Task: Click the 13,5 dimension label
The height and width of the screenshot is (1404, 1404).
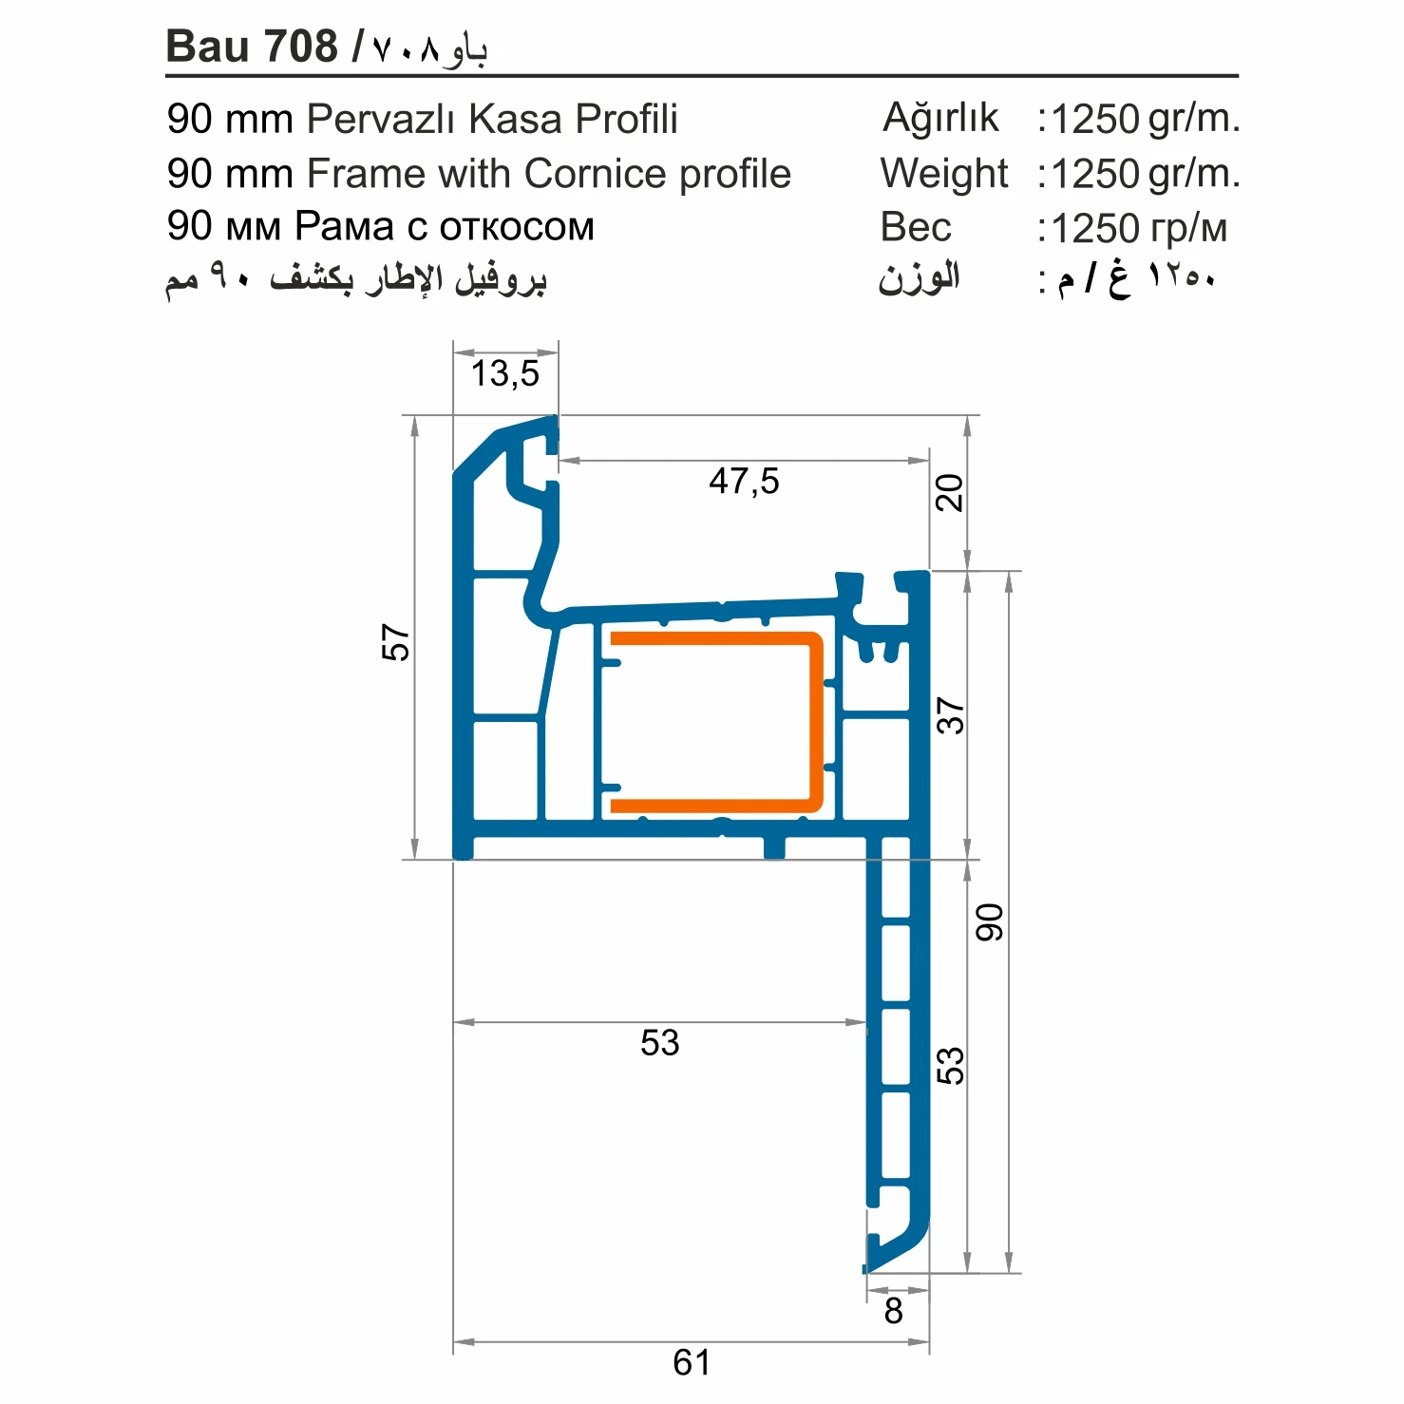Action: click(504, 373)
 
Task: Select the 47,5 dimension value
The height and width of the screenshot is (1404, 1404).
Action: click(744, 481)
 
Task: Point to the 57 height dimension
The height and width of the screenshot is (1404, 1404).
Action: click(395, 642)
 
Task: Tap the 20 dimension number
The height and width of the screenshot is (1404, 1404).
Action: click(949, 493)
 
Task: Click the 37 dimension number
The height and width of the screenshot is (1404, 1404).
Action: click(950, 715)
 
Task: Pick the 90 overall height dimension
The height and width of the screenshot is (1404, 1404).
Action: click(990, 922)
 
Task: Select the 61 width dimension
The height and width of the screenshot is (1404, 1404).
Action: click(692, 1362)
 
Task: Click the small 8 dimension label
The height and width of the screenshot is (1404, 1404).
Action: click(893, 1311)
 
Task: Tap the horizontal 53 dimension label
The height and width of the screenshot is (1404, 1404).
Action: click(660, 1042)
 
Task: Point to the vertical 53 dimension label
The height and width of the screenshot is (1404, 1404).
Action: click(950, 1066)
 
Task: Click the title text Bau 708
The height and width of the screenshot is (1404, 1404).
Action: click(252, 46)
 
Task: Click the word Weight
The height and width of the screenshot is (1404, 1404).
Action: click(944, 174)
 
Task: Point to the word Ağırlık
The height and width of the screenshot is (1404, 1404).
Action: click(940, 118)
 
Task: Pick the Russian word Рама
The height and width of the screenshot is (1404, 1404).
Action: click(344, 226)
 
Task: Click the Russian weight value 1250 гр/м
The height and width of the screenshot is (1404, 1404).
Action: click(1139, 228)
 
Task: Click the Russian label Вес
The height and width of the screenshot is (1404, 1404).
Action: click(916, 227)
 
